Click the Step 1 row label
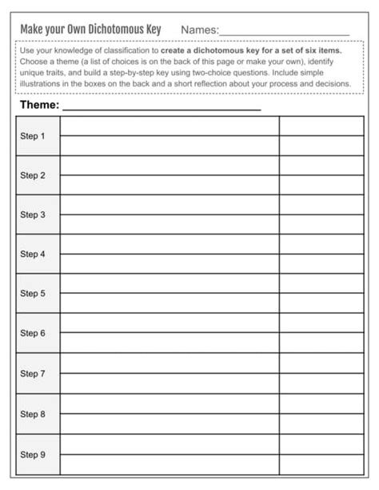point(33,136)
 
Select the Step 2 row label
point(33,175)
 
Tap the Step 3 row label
point(33,215)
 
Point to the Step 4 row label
point(33,254)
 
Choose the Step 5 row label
point(33,293)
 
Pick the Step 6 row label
point(33,333)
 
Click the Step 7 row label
point(33,373)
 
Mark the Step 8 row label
point(33,414)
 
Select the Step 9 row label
point(33,454)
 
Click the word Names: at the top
point(199,30)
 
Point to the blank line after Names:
point(284,33)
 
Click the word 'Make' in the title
point(32,30)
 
